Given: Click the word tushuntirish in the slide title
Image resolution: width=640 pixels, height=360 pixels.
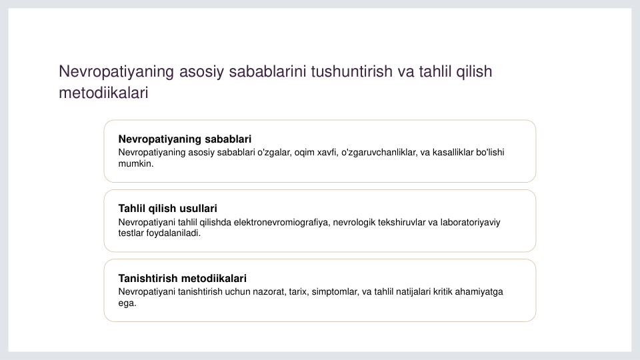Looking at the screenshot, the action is tap(351, 71).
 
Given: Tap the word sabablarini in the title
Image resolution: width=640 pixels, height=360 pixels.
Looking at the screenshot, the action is tap(267, 71).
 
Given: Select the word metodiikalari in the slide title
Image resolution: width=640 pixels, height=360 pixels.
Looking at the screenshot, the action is tap(103, 93).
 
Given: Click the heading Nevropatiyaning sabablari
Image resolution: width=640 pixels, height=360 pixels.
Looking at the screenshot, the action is tap(185, 139).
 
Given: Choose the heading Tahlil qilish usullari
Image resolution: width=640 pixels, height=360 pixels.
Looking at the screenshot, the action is tap(167, 209).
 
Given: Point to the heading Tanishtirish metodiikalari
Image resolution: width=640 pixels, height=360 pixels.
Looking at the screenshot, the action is tap(182, 279).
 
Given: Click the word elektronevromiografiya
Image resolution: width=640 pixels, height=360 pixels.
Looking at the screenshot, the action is tap(281, 223).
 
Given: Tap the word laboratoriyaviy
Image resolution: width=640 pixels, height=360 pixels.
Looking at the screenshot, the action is tap(470, 223).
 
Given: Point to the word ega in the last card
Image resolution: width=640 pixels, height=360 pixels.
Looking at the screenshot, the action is tap(126, 303).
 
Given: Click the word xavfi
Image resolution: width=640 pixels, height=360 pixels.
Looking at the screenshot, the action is tap(327, 152).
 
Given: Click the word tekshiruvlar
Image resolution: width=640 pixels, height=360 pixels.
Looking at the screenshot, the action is tap(401, 223).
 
